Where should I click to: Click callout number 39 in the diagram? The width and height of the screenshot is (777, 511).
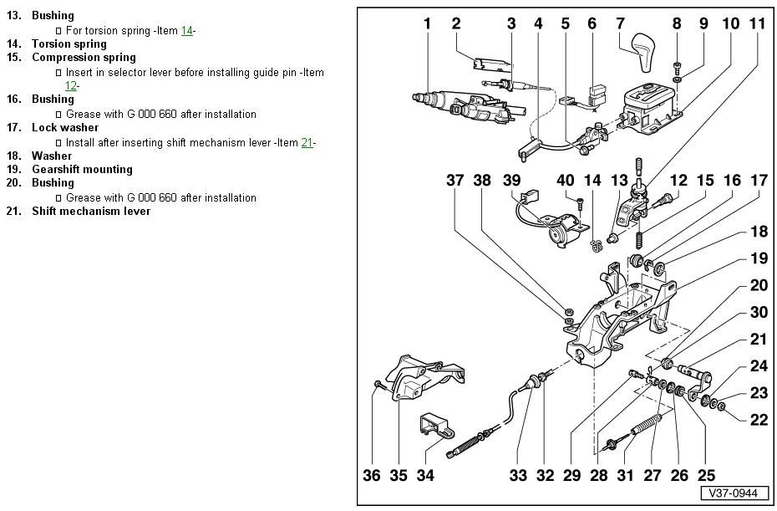coord(511,181)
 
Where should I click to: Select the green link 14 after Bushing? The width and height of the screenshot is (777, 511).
coord(187,31)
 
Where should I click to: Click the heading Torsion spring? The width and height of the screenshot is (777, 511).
coord(69,43)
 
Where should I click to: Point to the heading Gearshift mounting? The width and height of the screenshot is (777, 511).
coord(82,169)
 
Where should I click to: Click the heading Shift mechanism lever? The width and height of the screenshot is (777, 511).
coord(91,211)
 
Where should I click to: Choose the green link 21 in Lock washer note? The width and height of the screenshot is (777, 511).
coord(307,143)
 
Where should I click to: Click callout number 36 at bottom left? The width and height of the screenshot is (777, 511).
coord(372,476)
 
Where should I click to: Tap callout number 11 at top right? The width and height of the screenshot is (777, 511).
coord(756,23)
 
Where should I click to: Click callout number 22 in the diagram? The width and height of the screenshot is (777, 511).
coord(758,420)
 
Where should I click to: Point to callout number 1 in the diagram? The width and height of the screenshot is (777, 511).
coord(427,23)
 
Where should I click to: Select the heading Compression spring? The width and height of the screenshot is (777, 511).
coord(84,57)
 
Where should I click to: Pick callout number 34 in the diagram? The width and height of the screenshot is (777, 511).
coord(425,476)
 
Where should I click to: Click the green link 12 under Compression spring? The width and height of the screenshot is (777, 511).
coord(71,85)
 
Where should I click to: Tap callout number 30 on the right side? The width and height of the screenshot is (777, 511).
coord(758,312)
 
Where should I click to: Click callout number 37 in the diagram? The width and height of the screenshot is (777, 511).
coord(455,181)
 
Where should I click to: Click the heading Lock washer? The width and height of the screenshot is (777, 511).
coord(65,127)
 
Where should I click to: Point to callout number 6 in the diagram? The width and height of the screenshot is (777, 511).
coord(592,23)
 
